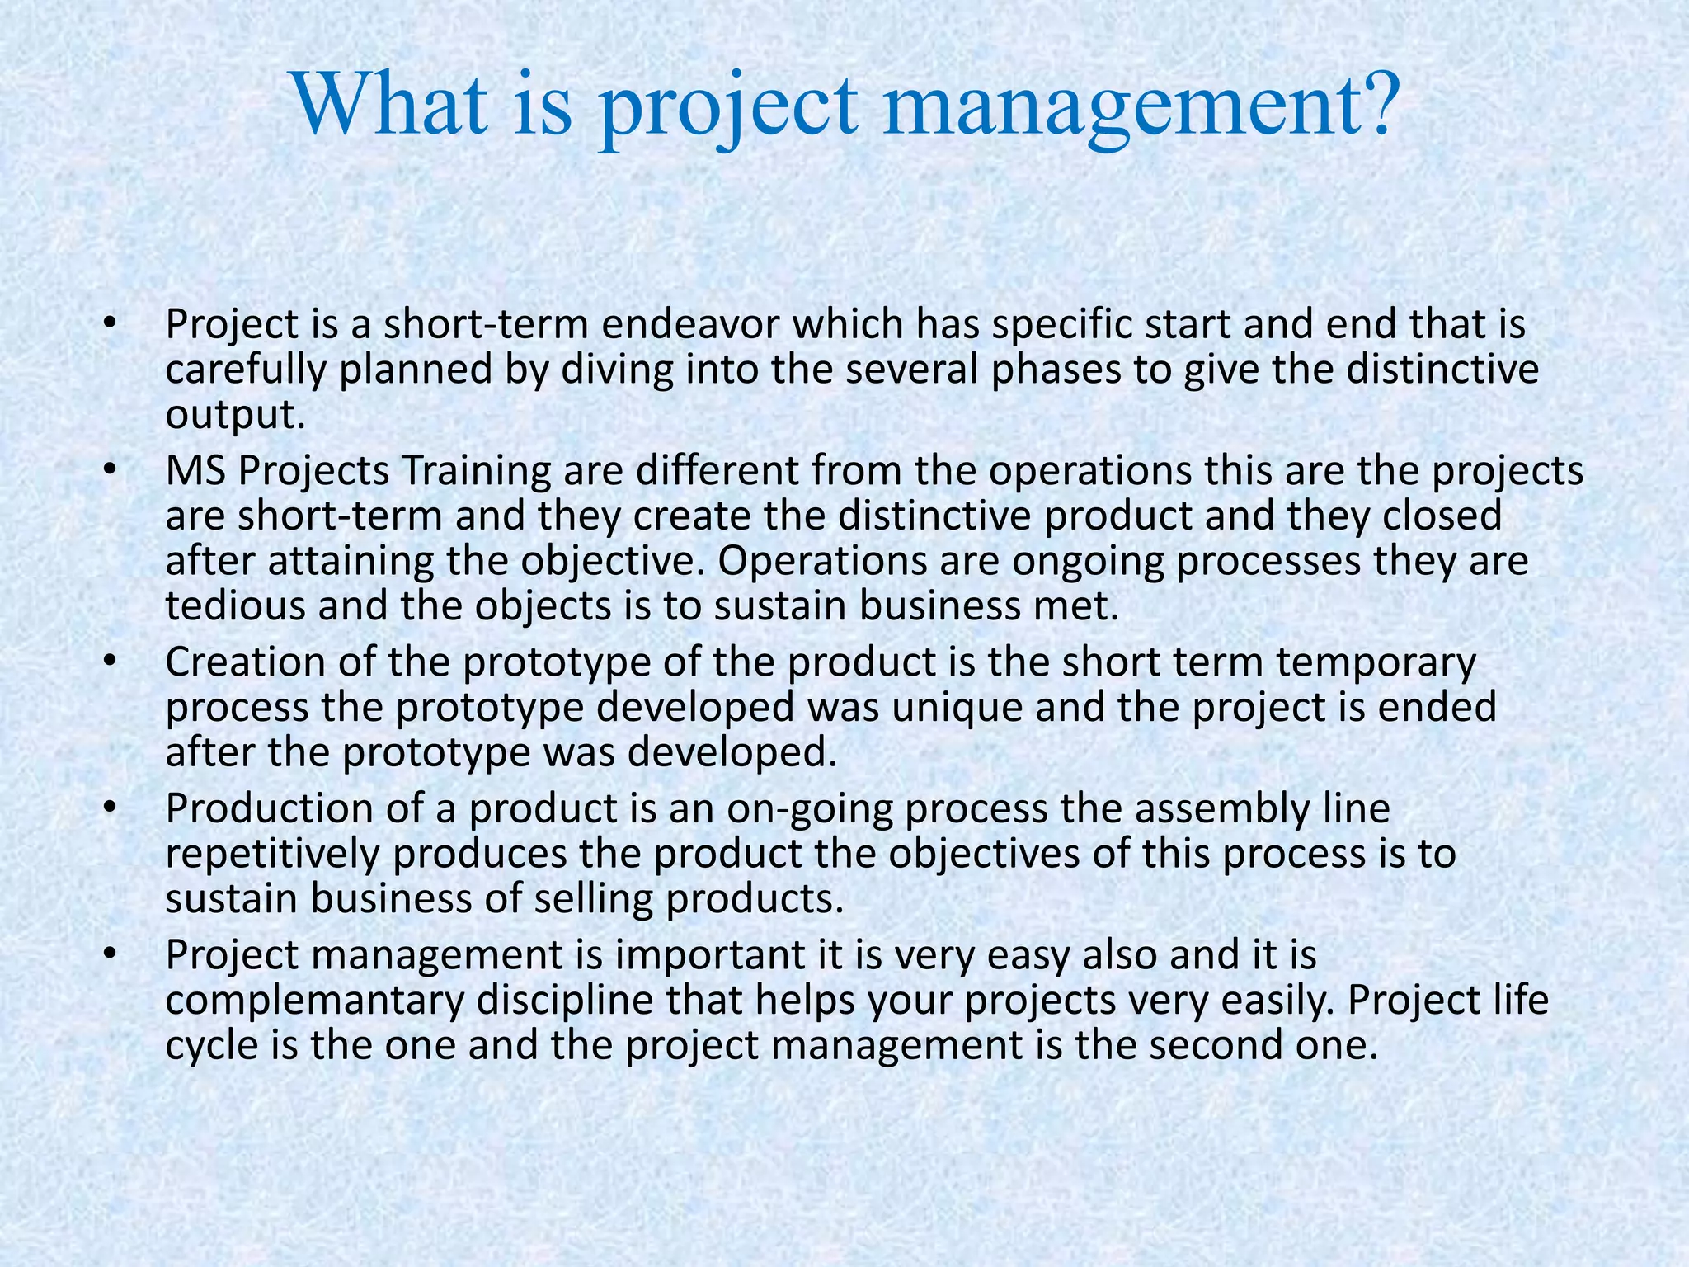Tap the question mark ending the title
pyautogui.click(x=1372, y=106)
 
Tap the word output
pyautogui.click(x=235, y=414)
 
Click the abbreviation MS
pyautogui.click(x=197, y=471)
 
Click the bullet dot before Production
pyautogui.click(x=110, y=810)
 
